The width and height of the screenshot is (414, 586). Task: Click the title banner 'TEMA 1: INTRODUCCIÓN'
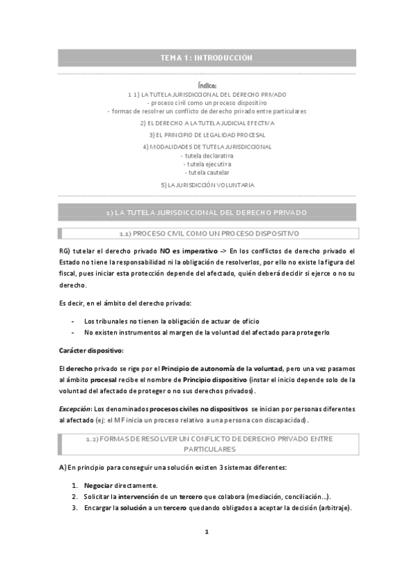point(207,58)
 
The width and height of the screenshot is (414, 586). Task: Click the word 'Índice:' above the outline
point(207,85)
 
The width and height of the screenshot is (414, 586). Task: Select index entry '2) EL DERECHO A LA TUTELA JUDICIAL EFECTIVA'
point(207,123)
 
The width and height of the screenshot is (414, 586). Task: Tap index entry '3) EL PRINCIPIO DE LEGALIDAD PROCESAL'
point(207,135)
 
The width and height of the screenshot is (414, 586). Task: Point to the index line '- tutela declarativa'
point(207,155)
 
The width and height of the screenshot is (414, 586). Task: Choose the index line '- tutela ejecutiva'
point(207,164)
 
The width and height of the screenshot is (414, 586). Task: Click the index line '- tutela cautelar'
point(207,172)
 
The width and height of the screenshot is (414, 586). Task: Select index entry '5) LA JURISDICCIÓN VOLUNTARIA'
point(207,185)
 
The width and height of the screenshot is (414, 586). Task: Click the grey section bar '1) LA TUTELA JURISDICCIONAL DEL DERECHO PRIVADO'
point(207,212)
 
